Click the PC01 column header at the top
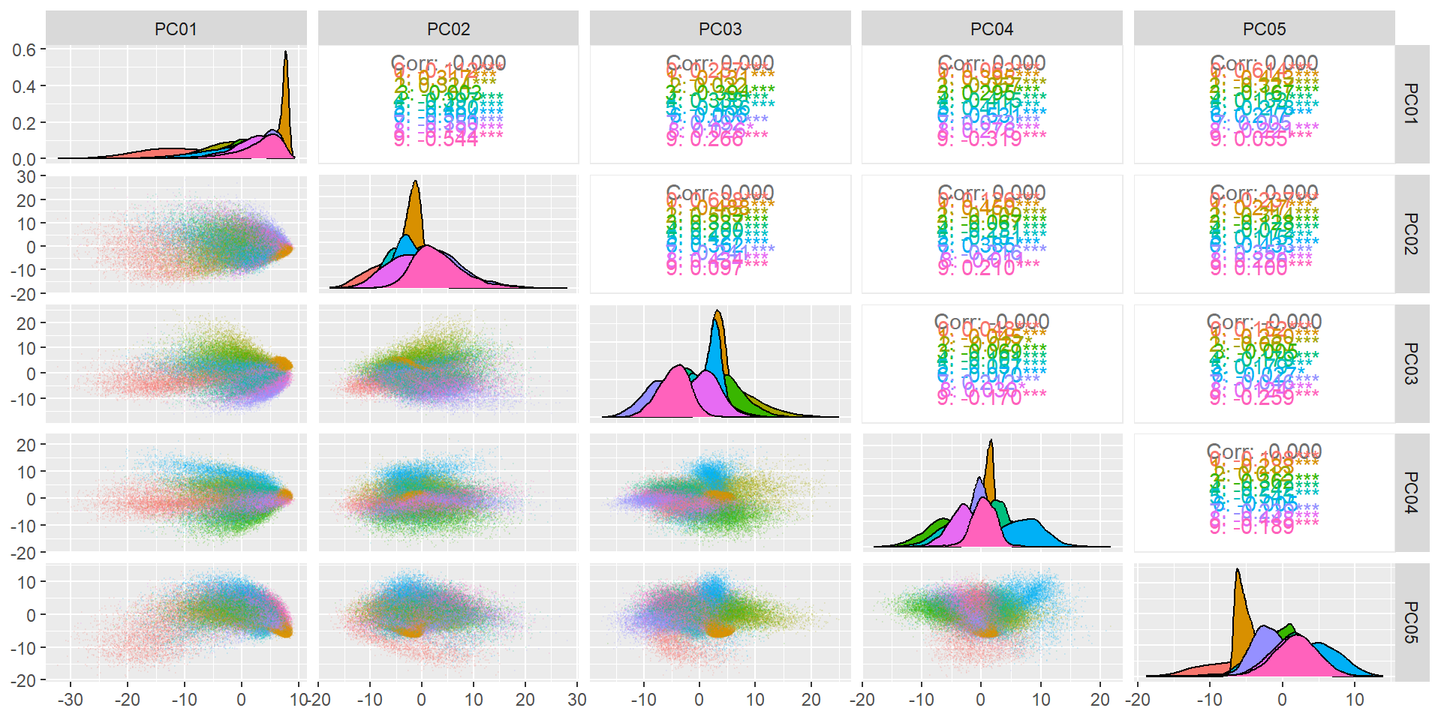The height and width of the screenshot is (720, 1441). tap(176, 29)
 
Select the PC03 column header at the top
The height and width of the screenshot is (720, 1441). tap(720, 29)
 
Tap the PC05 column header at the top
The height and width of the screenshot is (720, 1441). tap(1264, 29)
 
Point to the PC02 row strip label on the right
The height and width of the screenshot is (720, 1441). tap(1411, 234)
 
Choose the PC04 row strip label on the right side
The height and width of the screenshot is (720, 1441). tap(1411, 493)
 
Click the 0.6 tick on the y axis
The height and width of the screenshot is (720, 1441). tap(24, 50)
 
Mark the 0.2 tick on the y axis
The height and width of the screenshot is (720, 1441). tap(24, 123)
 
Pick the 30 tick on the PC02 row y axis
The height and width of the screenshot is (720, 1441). tap(26, 177)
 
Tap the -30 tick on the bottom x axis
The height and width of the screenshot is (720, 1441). tap(71, 700)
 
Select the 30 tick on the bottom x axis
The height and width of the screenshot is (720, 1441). tap(577, 700)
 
